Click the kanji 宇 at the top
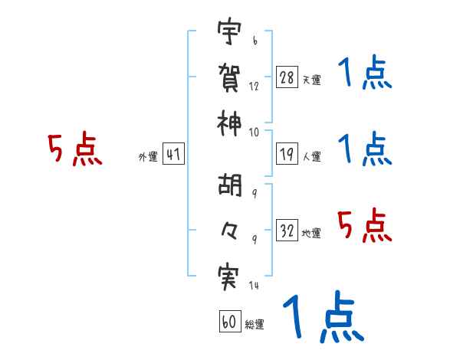coord(228,34)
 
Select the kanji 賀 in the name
coord(228,77)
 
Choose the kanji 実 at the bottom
coord(228,277)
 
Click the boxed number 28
coord(287,77)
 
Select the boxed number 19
coord(287,154)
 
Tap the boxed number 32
coord(287,231)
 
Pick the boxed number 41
coord(172,155)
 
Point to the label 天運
coord(311,80)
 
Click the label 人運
coord(311,156)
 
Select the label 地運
coord(311,233)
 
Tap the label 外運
coord(147,156)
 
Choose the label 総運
coord(255,325)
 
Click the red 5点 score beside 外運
coord(74,150)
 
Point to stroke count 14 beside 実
coord(253,286)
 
